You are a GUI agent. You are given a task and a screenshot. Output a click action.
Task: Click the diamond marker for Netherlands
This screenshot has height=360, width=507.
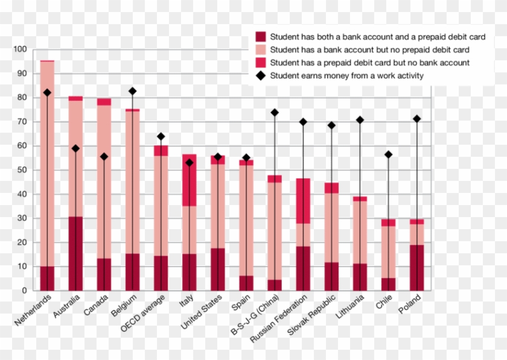(47, 92)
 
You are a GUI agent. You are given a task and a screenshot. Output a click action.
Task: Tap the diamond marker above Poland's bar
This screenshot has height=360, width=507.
(416, 119)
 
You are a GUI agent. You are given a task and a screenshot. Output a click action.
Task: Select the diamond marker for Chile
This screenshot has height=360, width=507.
(388, 155)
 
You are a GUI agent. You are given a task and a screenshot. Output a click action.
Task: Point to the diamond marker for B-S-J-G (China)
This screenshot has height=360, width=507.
(275, 112)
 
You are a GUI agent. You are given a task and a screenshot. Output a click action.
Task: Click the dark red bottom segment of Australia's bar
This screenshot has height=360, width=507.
(75, 253)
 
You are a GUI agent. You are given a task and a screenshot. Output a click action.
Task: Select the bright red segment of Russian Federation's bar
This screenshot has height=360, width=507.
(303, 201)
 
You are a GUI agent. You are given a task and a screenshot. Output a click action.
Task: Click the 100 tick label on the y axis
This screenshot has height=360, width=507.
(20, 49)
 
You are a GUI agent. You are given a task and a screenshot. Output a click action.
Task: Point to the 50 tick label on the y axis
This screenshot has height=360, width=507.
(22, 170)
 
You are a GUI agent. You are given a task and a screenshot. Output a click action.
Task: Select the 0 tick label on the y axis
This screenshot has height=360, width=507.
(24, 291)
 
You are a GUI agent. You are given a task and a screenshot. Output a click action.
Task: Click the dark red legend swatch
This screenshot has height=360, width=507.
(261, 37)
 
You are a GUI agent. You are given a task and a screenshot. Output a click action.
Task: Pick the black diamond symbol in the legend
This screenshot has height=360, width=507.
(261, 76)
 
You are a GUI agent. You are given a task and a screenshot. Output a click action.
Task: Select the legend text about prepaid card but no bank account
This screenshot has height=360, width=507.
(369, 63)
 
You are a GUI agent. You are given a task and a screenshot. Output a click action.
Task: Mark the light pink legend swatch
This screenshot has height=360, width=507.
(261, 49)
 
